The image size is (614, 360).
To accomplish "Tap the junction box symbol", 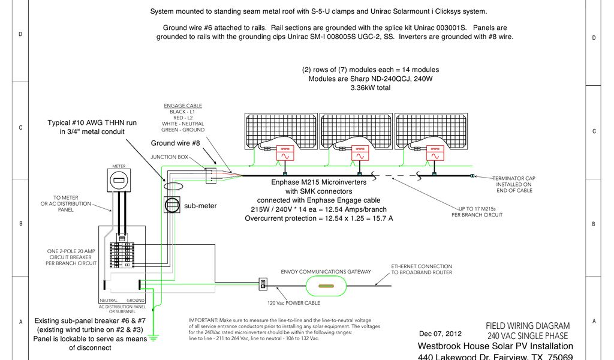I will (210, 175).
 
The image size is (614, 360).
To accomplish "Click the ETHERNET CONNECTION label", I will (422, 266).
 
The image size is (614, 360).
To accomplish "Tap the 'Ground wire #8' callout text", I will (175, 143).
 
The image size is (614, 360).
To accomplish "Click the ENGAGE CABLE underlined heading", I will (183, 106).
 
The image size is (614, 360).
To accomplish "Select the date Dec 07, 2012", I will (440, 334).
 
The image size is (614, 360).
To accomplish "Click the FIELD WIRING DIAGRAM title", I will (527, 326).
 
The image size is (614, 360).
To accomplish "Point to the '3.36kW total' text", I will (370, 88).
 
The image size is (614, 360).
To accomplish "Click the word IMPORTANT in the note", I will (203, 320).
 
